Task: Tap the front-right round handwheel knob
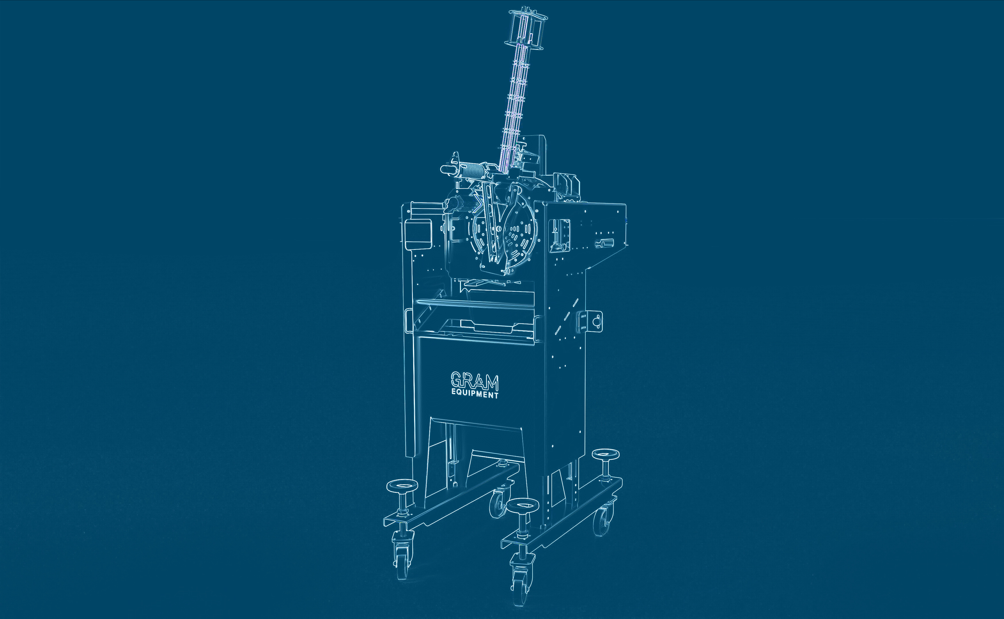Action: coord(522,505)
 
